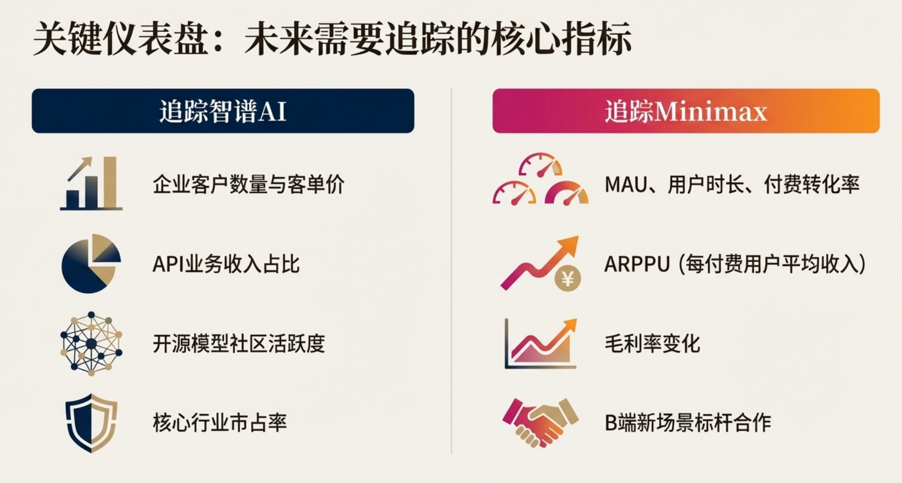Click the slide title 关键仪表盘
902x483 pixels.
click(x=121, y=39)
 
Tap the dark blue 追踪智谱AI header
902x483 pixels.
click(x=223, y=111)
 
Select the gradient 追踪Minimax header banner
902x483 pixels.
click(x=686, y=111)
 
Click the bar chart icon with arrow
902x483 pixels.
click(x=91, y=183)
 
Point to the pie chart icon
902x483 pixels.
click(x=91, y=264)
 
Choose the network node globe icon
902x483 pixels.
click(x=91, y=343)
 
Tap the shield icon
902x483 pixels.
click(x=91, y=423)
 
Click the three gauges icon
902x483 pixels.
click(x=540, y=179)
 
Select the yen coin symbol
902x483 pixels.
click(x=567, y=278)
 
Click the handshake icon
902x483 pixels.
click(x=540, y=422)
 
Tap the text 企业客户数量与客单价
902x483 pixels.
click(x=249, y=184)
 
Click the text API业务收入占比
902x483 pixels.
click(x=226, y=264)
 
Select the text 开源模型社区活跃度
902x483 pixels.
click(x=239, y=344)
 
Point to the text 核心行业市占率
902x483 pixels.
click(x=220, y=423)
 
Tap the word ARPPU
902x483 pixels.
click(x=637, y=264)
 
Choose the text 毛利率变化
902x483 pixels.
click(x=652, y=344)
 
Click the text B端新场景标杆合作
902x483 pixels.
click(x=688, y=423)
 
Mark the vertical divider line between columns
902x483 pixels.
click(x=452, y=271)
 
